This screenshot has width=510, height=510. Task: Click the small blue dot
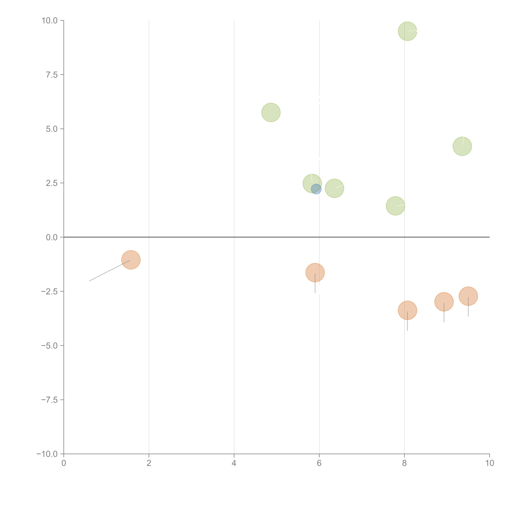point(316,189)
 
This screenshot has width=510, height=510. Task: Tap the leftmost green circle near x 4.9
point(271,112)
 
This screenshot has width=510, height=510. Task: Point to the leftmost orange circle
point(131,260)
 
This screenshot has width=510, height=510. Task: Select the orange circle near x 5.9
point(315,273)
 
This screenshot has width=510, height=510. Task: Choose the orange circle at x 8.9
point(444,302)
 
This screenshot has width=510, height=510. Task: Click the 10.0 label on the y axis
point(50,21)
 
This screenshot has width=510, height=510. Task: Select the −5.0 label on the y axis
point(50,346)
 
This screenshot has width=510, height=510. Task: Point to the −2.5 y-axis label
point(50,291)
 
